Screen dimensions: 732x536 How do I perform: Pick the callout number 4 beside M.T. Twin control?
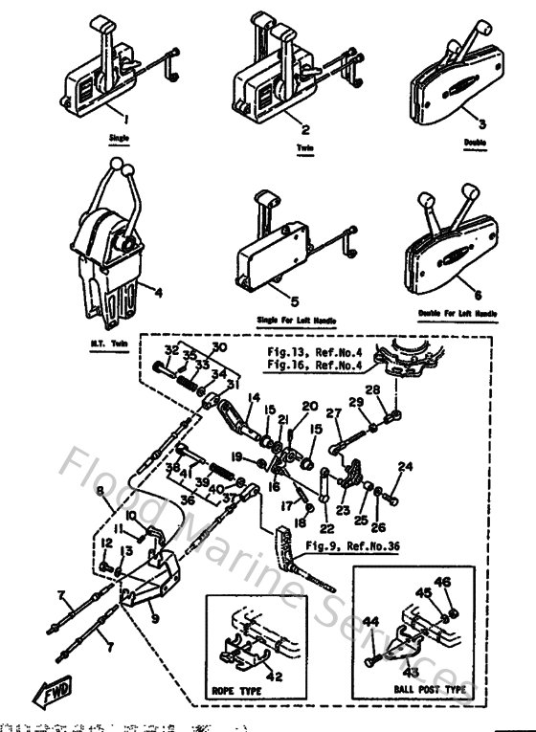click(159, 293)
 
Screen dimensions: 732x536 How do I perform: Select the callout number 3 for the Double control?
click(482, 124)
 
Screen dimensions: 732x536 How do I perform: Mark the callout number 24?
click(406, 467)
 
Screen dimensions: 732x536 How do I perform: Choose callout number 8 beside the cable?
click(100, 491)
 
